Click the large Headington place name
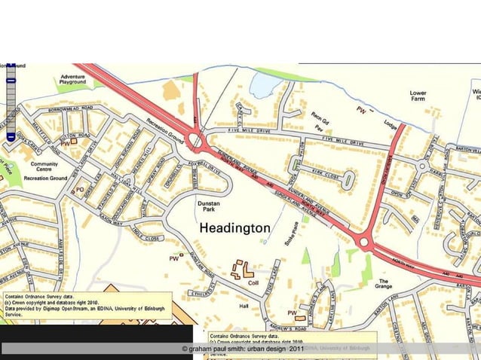[234, 227]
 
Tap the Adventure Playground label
[73, 81]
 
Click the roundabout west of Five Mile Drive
[197, 139]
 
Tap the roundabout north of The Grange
[366, 243]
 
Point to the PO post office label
[80, 190]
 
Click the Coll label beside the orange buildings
[253, 283]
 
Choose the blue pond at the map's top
[261, 84]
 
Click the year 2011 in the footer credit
[296, 349]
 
